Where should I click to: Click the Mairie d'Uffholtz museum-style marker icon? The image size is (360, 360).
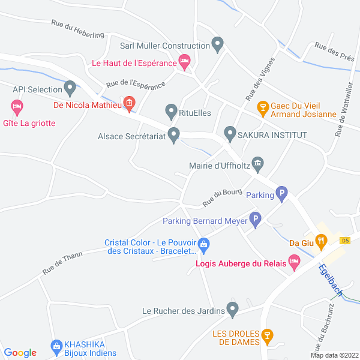(x=258, y=163)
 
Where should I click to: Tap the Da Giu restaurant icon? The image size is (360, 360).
(x=322, y=242)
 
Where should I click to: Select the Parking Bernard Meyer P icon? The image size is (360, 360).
(x=256, y=221)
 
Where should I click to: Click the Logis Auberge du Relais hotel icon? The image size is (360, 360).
(x=294, y=261)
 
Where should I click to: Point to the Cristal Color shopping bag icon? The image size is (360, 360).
(x=204, y=244)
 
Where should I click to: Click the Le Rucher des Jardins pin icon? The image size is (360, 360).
(x=233, y=310)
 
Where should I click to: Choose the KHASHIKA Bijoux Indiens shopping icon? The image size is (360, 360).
(x=57, y=346)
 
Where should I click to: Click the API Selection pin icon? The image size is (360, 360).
(x=70, y=89)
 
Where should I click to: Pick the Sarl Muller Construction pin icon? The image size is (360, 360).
(x=218, y=45)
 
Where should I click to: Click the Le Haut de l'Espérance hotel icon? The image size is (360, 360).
(x=185, y=61)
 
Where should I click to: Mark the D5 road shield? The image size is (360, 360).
(x=344, y=240)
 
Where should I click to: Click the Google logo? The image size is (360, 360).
(x=20, y=352)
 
